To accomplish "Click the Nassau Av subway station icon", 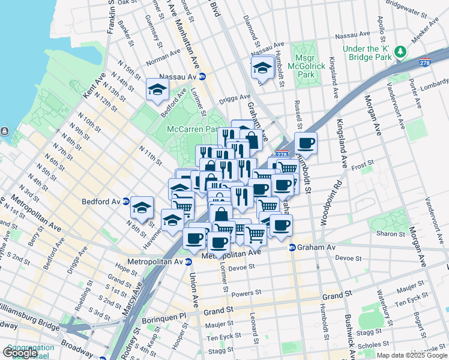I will pos(202,77).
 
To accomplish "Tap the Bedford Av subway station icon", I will pos(126,201).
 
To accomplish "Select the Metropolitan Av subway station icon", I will pos(188,261).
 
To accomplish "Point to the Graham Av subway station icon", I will pos(292,247).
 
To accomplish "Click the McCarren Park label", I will pos(191,128).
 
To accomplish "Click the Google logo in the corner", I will pos(20,353).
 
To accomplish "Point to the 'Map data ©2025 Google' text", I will pos(411,355).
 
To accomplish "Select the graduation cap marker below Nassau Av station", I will pos(158,90).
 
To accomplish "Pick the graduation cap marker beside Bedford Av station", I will pos(142,208).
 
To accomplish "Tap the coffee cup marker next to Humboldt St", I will pos(306,143).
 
